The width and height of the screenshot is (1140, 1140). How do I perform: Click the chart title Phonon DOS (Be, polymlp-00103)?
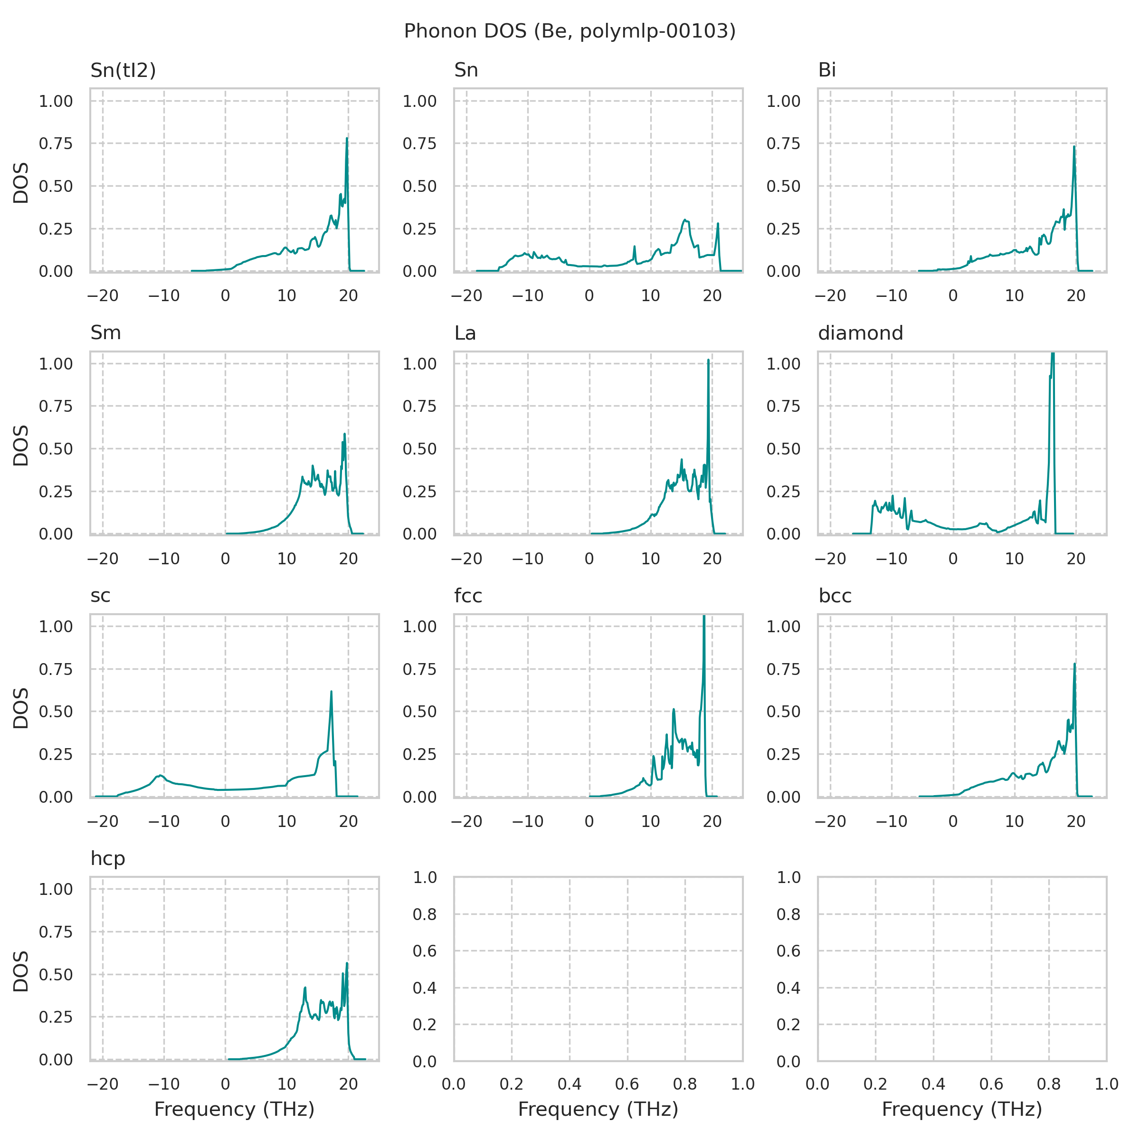point(570,31)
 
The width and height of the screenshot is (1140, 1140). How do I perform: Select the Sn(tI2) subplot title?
point(123,70)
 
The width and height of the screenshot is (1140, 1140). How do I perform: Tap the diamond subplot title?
point(860,333)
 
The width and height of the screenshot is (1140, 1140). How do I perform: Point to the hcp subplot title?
point(107,858)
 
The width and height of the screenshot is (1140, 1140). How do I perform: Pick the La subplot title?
point(465,333)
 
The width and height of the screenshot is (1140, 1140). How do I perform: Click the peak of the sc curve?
point(331,692)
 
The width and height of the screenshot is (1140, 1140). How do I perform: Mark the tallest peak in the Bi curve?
point(1074,147)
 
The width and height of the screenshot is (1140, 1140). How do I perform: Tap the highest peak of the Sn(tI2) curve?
point(347,139)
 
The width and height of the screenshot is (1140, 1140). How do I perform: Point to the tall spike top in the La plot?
point(708,360)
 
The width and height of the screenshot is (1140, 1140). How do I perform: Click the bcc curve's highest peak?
point(1074,664)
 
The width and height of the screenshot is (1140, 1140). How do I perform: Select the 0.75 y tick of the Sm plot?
point(56,406)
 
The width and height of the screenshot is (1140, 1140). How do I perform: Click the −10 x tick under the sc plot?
point(163,821)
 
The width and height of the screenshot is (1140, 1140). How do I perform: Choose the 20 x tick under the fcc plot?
point(712,821)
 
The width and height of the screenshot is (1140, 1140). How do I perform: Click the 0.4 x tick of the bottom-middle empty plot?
point(570,1084)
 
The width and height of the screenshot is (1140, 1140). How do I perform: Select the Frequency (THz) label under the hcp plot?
point(234,1109)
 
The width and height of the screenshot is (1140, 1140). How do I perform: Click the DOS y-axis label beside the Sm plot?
point(21,446)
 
